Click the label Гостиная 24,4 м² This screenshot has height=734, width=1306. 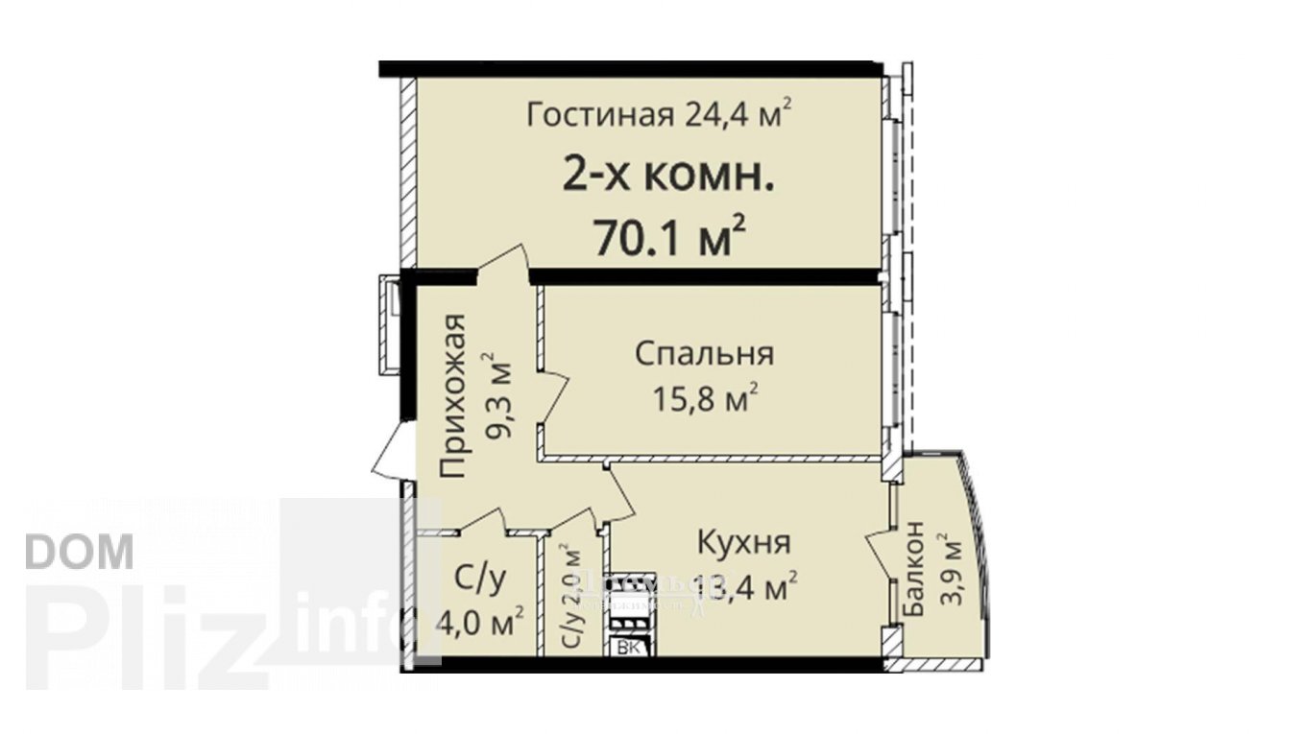[659, 114]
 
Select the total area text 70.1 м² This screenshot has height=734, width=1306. [670, 237]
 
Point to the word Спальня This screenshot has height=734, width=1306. [704, 353]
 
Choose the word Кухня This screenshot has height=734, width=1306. [743, 543]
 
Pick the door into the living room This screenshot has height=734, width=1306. [505, 263]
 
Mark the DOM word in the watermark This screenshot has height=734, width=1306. [79, 552]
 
